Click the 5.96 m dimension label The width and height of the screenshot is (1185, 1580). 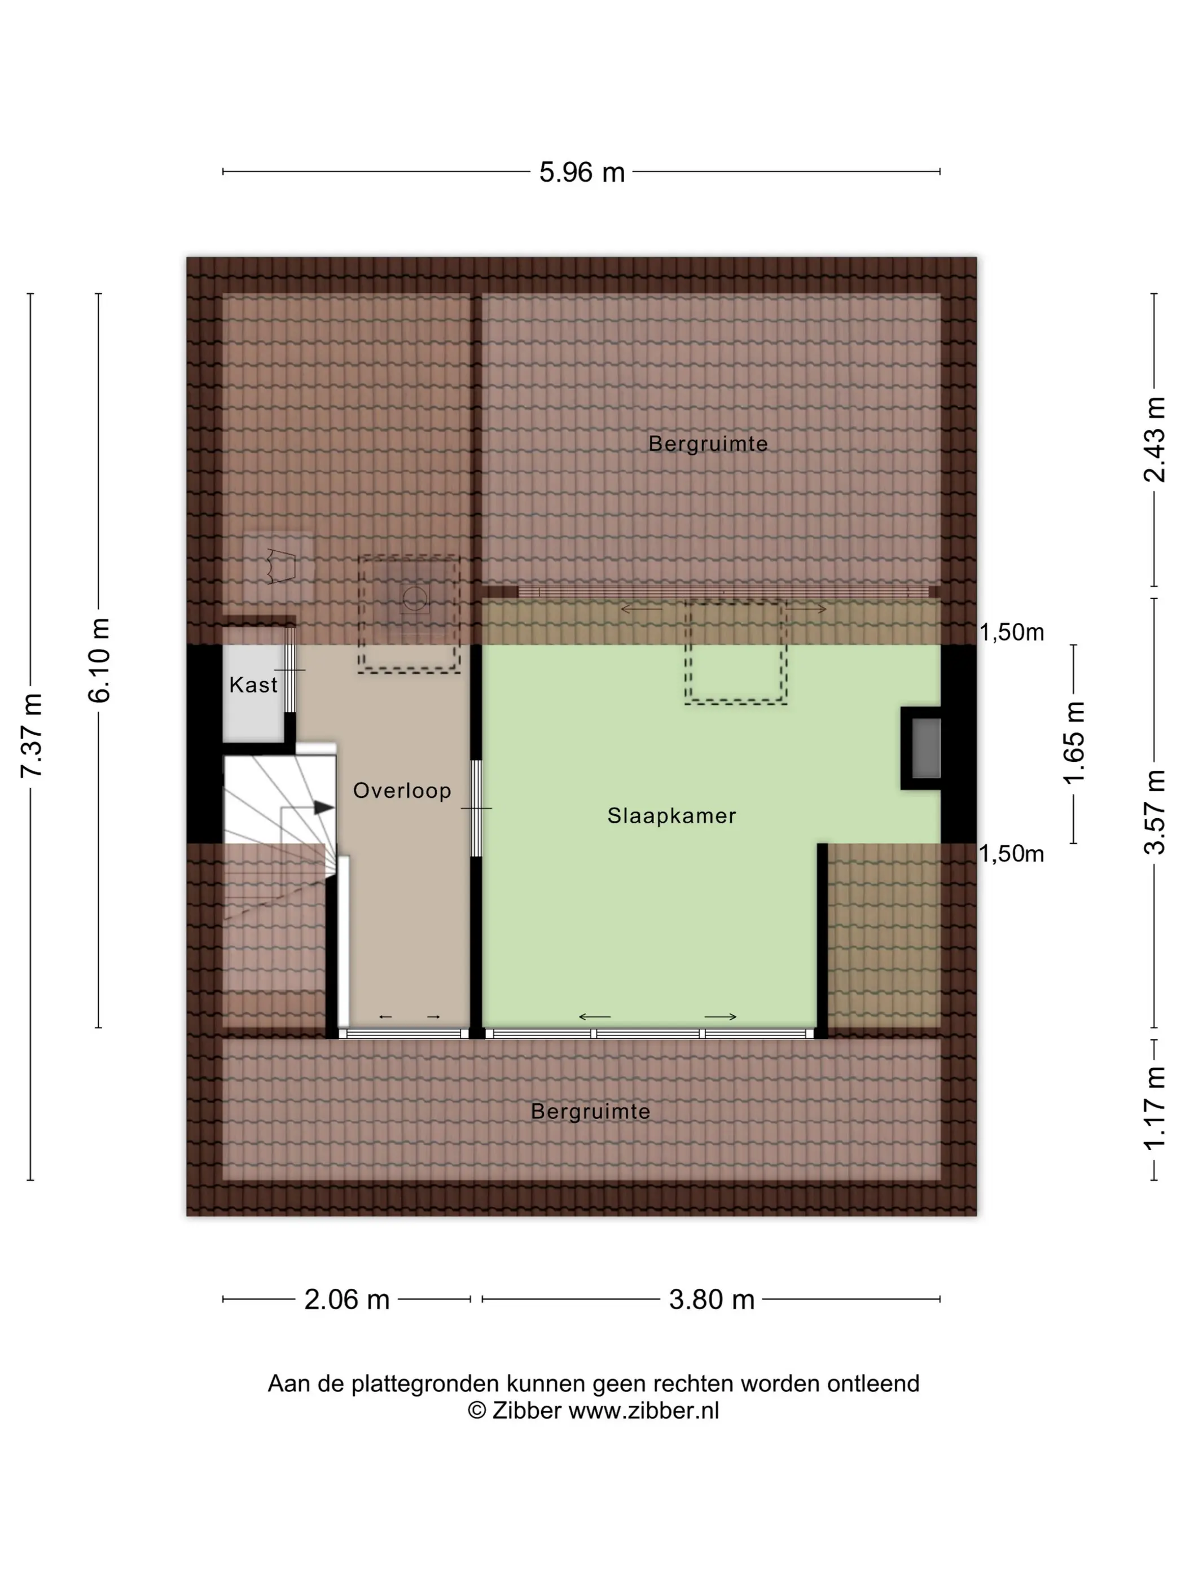pos(581,172)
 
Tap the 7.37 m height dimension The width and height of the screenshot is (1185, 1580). pos(32,735)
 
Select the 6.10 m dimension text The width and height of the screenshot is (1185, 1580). pos(99,660)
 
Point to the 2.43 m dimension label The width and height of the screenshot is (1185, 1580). pos(1155,439)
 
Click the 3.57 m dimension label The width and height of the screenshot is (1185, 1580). pos(1155,812)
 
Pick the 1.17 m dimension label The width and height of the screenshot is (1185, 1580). pos(1155,1108)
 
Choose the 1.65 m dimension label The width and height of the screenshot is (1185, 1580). pos(1074,743)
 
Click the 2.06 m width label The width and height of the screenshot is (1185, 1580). pos(346,1300)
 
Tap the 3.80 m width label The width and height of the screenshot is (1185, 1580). pos(712,1300)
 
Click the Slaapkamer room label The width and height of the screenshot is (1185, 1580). pos(671,816)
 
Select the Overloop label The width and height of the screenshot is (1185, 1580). pos(402,791)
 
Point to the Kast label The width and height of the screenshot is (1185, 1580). pos(253,685)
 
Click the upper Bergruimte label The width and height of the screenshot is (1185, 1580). pos(708,444)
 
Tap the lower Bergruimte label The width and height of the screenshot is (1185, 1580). pos(591,1112)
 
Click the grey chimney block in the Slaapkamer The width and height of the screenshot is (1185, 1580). pos(927,748)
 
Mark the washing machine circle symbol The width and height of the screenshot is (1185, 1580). pos(414,598)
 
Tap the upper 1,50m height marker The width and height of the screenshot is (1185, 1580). pos(1011,632)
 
